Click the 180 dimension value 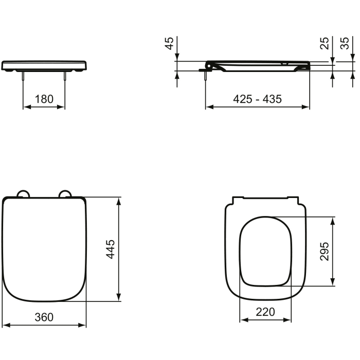(44, 99)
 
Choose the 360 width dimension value (44, 317)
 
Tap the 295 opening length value (325, 250)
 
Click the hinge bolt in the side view (206, 75)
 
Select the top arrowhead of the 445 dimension (119, 201)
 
